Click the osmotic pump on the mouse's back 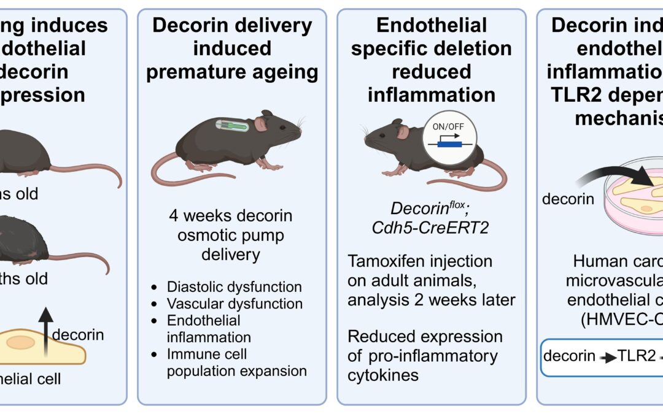231,126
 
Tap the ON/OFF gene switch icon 450,140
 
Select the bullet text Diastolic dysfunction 235,287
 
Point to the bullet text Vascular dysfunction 235,304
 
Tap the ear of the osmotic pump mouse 261,125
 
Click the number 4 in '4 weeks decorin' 172,217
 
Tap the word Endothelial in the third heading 432,25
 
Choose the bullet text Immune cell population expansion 236,362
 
